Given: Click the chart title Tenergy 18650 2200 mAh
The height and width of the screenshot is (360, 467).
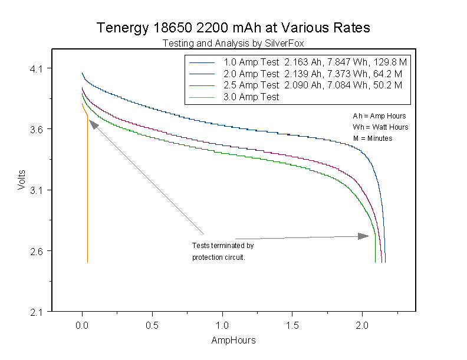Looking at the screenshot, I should click(x=233, y=28).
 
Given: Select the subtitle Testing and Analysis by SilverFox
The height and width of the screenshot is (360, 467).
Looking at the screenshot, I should click(x=233, y=43).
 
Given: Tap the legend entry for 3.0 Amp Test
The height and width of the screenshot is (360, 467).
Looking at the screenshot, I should click(x=251, y=97).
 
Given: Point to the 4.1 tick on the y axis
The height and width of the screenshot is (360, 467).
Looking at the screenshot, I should click(x=37, y=68).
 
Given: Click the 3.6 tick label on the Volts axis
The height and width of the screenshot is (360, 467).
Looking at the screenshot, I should click(x=37, y=129).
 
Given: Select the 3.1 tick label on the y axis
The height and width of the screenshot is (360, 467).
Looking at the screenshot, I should click(x=37, y=190).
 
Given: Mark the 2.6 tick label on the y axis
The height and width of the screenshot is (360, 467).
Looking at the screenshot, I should click(x=37, y=251).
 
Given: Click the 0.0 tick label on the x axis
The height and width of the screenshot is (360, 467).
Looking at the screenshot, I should click(x=82, y=325).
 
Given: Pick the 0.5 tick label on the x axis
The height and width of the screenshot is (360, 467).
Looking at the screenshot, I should click(x=152, y=325).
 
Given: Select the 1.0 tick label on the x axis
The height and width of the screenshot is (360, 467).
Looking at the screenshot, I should click(x=222, y=325).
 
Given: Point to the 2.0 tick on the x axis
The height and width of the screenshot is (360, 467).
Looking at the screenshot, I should click(x=362, y=325).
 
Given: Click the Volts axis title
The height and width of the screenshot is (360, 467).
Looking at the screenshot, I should click(x=21, y=180).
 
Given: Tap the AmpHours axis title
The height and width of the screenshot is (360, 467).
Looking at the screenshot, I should click(x=233, y=341).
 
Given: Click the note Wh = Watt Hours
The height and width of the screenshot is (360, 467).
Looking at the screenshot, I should click(x=380, y=127).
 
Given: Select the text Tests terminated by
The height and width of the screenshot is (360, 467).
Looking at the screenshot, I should click(x=223, y=245).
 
